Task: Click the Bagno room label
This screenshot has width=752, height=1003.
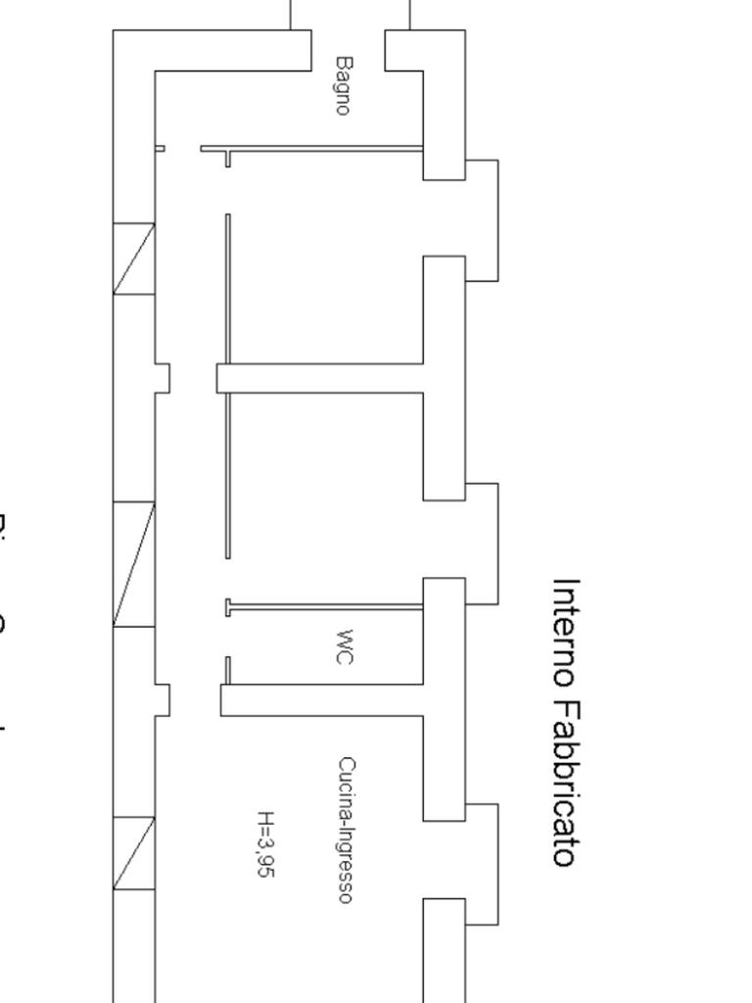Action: pyautogui.click(x=342, y=85)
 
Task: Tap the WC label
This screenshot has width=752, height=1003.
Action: pyautogui.click(x=342, y=647)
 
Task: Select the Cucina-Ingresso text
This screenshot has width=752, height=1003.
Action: pyautogui.click(x=346, y=830)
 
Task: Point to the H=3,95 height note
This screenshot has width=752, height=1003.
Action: pyautogui.click(x=264, y=843)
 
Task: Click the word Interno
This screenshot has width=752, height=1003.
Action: pyautogui.click(x=566, y=632)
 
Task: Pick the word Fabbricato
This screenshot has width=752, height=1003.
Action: pyautogui.click(x=566, y=784)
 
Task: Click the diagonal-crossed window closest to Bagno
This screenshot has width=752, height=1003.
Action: pyautogui.click(x=134, y=259)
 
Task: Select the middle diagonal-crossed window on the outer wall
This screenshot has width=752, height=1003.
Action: pyautogui.click(x=134, y=564)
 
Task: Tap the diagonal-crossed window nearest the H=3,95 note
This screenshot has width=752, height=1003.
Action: pyautogui.click(x=134, y=853)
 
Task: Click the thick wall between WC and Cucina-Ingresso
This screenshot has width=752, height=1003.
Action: pyautogui.click(x=323, y=700)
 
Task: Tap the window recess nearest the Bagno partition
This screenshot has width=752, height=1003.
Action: pyautogui.click(x=481, y=220)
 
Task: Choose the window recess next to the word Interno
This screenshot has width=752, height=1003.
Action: pyautogui.click(x=481, y=543)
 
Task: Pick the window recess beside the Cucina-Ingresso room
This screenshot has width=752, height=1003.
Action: pyautogui.click(x=481, y=864)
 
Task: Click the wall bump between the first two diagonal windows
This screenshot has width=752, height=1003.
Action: pyautogui.click(x=163, y=378)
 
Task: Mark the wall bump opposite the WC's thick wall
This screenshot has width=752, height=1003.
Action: pyautogui.click(x=163, y=699)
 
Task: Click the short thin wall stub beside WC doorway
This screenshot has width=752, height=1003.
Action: pyautogui.click(x=228, y=670)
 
